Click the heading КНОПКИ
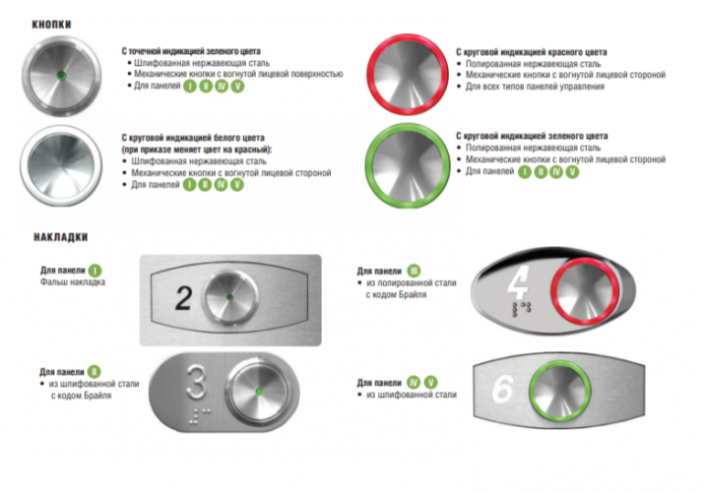51,25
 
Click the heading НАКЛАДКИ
60,237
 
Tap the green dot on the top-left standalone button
61,75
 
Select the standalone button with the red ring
408,75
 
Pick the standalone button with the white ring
61,165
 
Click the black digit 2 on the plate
183,298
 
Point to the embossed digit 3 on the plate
196,382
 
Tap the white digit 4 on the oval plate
518,283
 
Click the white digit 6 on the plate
503,389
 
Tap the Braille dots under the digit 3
197,415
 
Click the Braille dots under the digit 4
522,309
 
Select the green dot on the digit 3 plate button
259,392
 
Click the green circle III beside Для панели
414,271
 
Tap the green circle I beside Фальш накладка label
96,271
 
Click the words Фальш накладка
73,282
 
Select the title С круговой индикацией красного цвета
532,52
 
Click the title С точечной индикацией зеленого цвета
191,51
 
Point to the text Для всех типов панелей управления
535,87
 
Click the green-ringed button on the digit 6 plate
559,389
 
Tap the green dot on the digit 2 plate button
230,297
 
